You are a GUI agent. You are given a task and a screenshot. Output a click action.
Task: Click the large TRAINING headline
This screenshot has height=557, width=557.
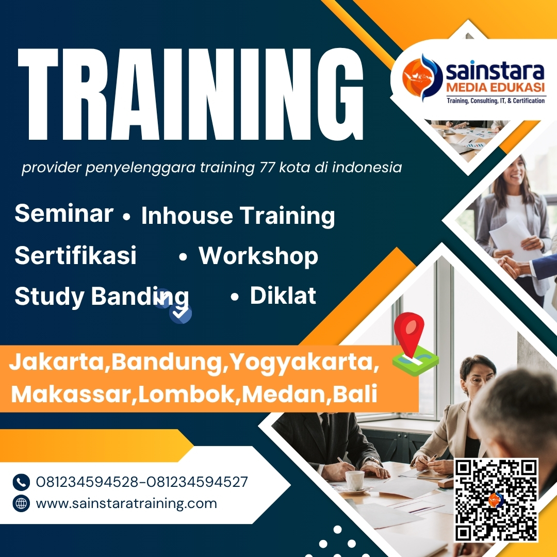pos(191,93)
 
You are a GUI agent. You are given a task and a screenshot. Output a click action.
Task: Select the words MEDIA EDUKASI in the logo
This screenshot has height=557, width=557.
pos(494,90)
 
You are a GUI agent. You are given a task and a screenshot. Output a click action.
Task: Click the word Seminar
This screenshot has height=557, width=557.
pos(64,213)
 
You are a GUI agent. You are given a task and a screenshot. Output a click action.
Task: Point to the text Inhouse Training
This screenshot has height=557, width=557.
pos(238,216)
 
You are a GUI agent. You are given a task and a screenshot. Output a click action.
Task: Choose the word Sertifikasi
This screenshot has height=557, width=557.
pos(75,255)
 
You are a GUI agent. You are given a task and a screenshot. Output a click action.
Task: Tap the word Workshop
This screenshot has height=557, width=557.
pos(258,255)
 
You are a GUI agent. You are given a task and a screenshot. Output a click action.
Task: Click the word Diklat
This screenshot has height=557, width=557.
pos(283,296)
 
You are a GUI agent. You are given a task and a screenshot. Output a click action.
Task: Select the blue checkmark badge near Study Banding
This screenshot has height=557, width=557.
pos(181,312)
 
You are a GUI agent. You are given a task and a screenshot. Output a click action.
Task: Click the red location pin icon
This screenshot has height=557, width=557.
pos(408,333)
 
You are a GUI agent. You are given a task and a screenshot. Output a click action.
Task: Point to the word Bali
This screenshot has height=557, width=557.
pos(355,395)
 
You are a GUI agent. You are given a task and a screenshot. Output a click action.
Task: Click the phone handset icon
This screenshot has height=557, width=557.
pos(21,482)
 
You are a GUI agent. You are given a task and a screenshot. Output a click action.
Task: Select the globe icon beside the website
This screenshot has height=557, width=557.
pos(21,503)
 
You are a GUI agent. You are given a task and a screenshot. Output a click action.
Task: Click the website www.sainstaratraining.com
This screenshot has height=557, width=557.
pos(126,503)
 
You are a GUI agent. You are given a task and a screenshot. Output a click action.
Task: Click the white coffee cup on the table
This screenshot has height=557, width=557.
pos(355,480)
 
